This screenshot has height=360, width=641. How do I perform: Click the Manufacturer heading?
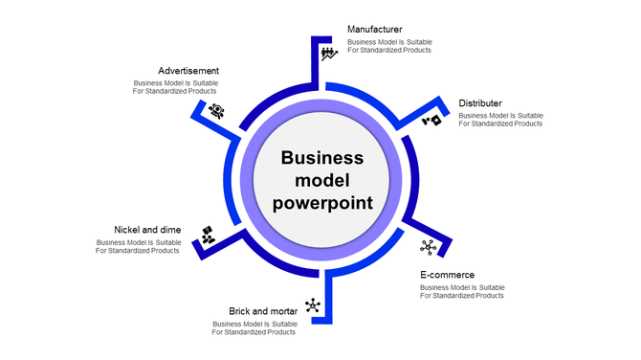coord(374,30)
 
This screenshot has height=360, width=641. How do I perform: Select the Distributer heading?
coord(480,103)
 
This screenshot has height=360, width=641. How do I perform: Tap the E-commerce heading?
coord(447,275)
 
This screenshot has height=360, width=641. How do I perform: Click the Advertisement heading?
coord(188,71)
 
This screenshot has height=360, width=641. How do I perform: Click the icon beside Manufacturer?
coord(328,54)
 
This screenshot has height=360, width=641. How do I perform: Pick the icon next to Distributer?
coord(432,121)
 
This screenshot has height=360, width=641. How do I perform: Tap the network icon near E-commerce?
coord(428,247)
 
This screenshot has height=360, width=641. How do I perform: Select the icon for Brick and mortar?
coord(312,306)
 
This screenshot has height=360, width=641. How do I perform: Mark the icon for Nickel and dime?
coord(208,234)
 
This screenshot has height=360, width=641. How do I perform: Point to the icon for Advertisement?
coord(217,110)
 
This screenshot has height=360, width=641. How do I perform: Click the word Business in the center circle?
coord(322,158)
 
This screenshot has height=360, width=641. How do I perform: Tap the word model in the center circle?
coord(322,180)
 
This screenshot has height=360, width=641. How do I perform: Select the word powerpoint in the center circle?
coord(322,202)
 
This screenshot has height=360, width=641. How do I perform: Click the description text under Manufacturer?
coord(389,46)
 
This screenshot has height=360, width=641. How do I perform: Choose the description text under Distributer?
coord(500,120)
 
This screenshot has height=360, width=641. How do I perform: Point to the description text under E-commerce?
coord(462,291)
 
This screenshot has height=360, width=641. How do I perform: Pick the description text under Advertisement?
coord(175,87)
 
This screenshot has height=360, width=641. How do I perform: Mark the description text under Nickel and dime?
coord(138,246)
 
